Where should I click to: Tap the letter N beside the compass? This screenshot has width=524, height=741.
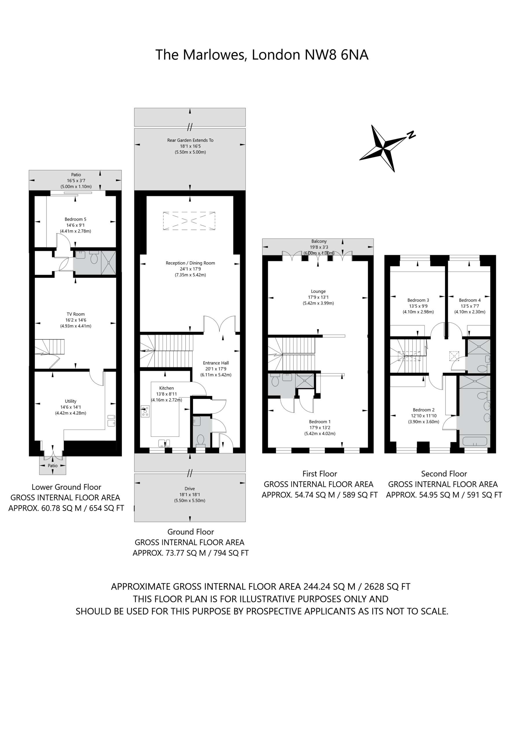[x=411, y=135]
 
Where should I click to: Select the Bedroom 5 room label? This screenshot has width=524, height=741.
[x=76, y=219]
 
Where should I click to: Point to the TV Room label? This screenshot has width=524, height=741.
[x=76, y=314]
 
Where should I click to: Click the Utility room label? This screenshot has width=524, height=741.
[x=71, y=401]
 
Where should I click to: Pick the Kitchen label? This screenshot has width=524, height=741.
[x=166, y=388]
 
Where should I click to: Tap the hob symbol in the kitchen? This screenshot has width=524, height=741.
[x=145, y=412]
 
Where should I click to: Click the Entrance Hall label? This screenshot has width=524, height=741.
[x=216, y=363]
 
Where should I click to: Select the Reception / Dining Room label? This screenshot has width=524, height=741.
[x=190, y=263]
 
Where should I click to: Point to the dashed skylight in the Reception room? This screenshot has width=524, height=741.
[x=189, y=221]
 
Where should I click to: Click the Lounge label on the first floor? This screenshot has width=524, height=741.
[x=319, y=291]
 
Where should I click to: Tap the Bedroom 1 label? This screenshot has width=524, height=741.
[x=320, y=422]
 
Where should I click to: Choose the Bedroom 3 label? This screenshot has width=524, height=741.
[x=418, y=300]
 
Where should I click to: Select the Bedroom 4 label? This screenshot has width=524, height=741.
[x=470, y=300]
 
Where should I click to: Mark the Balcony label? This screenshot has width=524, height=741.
[x=319, y=241]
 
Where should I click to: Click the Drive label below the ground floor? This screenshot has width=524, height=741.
[x=190, y=489]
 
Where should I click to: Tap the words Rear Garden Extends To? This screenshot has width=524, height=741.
[x=190, y=140]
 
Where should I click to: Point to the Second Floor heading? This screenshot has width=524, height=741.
[x=444, y=474]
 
